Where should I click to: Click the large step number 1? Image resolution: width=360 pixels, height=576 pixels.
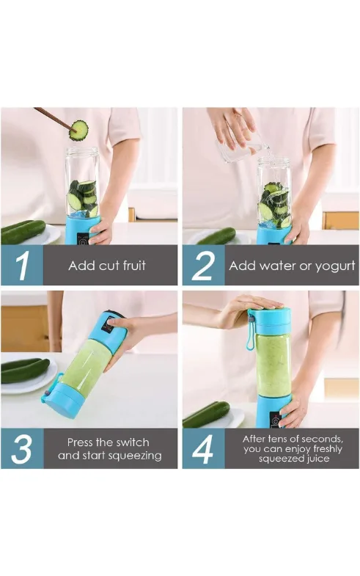[22, 266]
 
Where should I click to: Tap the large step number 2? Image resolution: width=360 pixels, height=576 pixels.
[203, 266]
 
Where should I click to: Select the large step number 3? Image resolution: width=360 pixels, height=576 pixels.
[22, 449]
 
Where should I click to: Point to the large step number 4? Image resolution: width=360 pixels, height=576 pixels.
[202, 449]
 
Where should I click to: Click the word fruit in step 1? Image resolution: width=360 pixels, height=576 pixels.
[131, 265]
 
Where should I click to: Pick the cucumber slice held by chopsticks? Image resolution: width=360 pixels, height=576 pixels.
[78, 130]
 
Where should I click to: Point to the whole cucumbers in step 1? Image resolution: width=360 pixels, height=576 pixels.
[23, 231]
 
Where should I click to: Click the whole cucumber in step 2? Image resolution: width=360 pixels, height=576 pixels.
[216, 236]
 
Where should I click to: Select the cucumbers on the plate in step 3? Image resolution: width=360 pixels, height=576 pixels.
[25, 371]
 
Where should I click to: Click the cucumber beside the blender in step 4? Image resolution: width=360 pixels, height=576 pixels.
[206, 415]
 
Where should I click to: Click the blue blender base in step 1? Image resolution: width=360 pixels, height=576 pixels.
[83, 230]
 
